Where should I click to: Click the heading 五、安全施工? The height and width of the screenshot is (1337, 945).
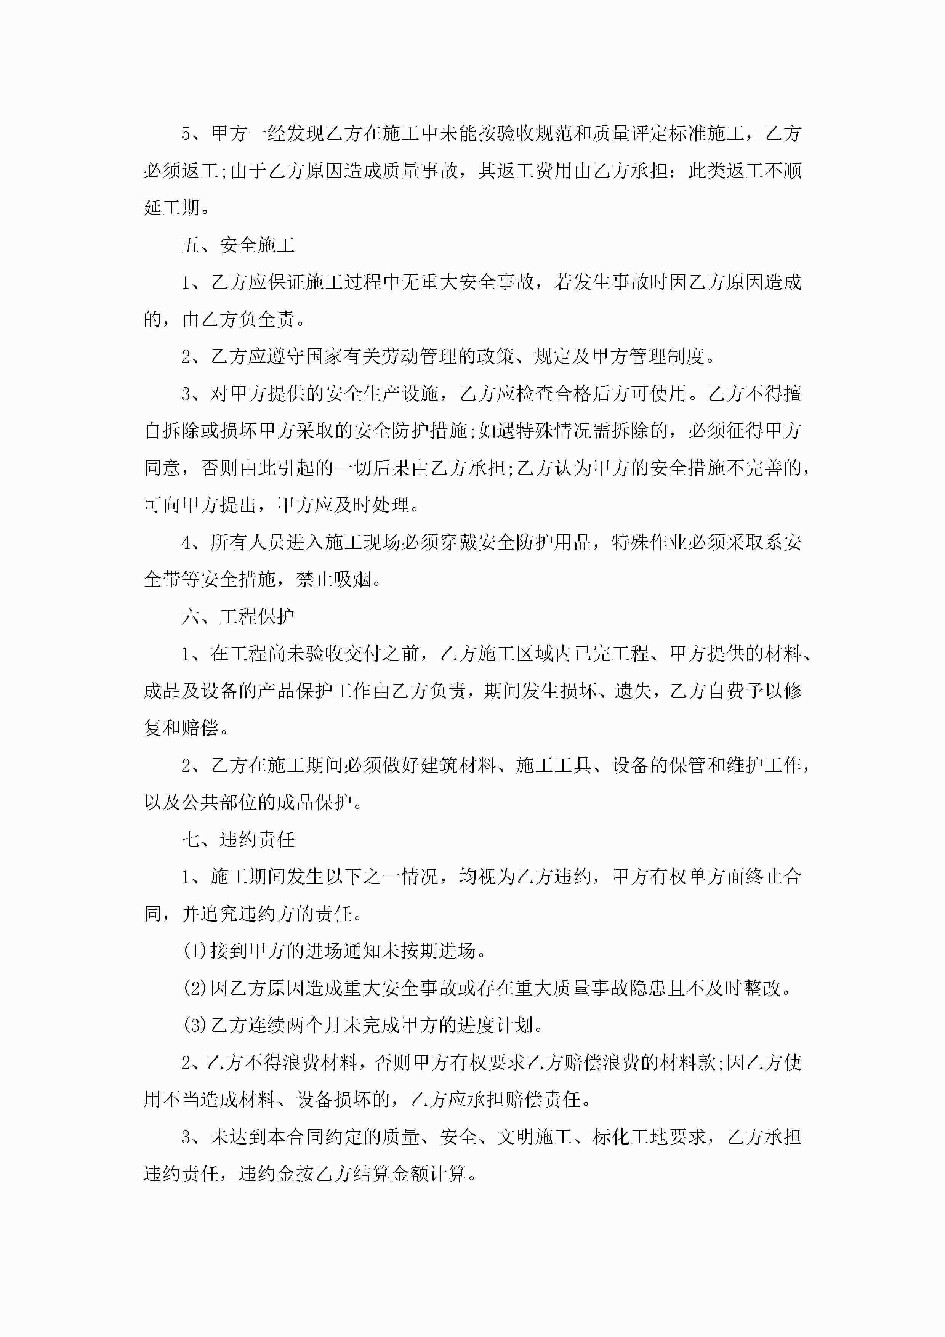point(238,245)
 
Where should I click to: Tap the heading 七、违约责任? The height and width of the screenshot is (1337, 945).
point(238,840)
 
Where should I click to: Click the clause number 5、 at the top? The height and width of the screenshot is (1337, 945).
point(193,134)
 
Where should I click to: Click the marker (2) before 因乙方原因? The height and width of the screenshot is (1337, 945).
point(194,989)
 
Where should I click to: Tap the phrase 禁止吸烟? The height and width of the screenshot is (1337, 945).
point(334,579)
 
